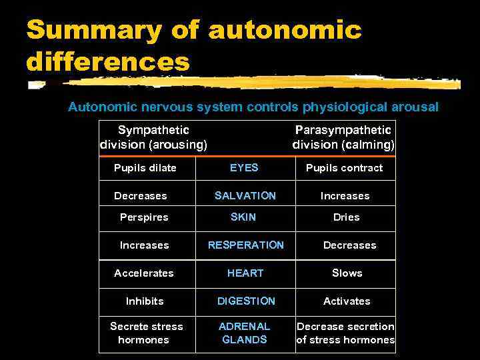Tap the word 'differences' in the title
point(108,63)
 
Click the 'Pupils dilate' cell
point(145,168)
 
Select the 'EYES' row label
point(244,168)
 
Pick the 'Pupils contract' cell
point(344,168)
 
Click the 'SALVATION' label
point(245,196)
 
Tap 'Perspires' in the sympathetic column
point(144,217)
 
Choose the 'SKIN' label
point(243,217)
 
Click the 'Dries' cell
point(346,217)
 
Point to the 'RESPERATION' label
point(245,245)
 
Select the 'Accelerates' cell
point(143,273)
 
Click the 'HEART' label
point(245,273)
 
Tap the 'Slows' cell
point(347,273)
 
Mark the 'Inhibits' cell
point(145,301)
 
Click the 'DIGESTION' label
point(246,301)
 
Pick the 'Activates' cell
point(347,301)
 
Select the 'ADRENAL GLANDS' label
point(245,333)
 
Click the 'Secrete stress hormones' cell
point(146,333)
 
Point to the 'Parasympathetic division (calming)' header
point(343,137)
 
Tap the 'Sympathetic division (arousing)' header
point(153,137)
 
